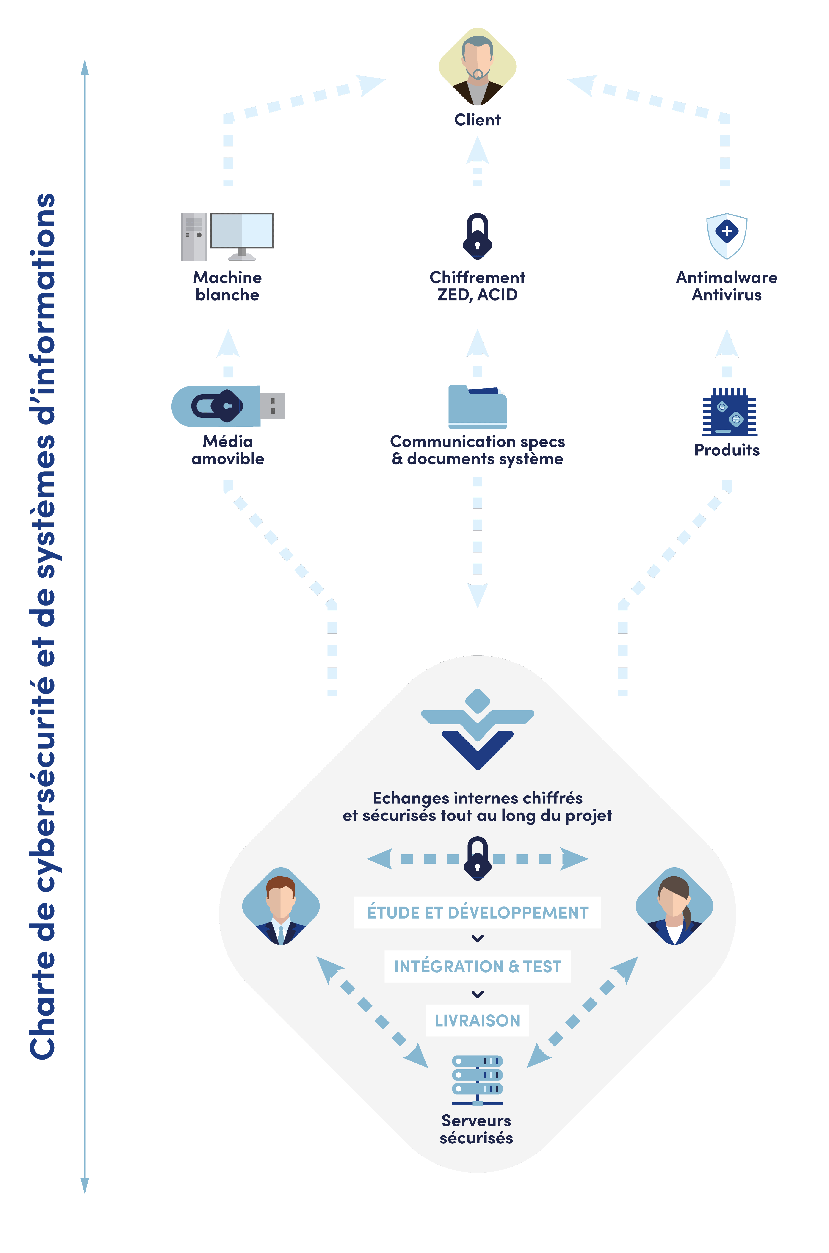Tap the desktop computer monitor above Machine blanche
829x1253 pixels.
(242, 231)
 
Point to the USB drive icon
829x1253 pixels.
(227, 406)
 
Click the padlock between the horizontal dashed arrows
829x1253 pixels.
(477, 858)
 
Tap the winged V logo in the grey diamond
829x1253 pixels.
(477, 730)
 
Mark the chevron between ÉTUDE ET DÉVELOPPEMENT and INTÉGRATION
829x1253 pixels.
(477, 938)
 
